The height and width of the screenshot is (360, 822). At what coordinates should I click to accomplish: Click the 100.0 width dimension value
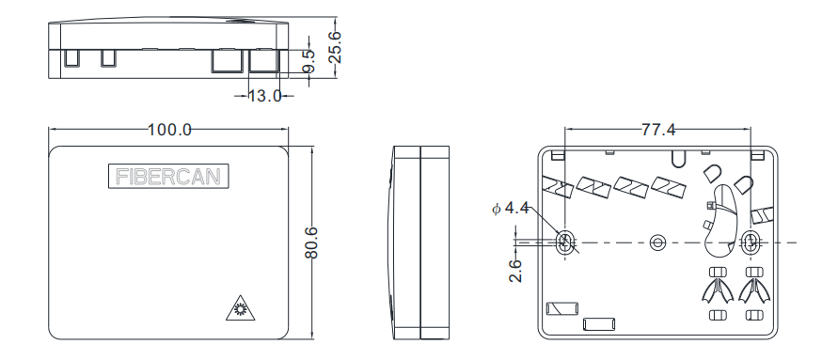click(x=169, y=130)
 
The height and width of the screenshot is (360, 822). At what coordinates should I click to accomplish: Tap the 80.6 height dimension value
click(x=312, y=243)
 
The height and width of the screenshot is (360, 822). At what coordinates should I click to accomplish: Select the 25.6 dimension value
click(x=335, y=47)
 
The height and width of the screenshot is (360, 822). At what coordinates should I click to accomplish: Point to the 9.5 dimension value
click(x=309, y=62)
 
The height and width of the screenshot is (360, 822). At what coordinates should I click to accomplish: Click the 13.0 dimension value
click(x=264, y=96)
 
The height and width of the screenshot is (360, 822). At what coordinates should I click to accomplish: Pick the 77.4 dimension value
click(x=658, y=130)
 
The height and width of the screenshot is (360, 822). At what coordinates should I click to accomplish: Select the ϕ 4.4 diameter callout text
click(x=511, y=209)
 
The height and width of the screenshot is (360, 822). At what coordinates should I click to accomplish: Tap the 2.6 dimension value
click(x=515, y=271)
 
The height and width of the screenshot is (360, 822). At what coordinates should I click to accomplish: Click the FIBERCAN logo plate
click(x=168, y=176)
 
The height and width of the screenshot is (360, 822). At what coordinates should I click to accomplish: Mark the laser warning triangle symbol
click(x=241, y=307)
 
